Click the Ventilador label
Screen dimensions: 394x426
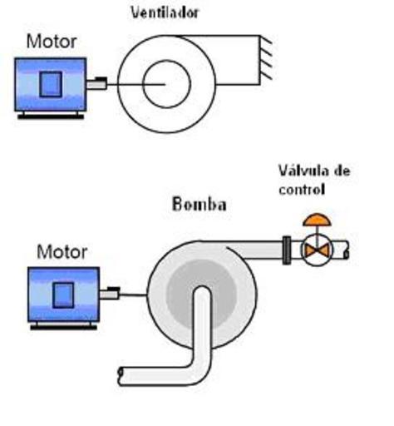(x=165, y=12)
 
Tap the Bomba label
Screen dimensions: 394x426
(x=199, y=205)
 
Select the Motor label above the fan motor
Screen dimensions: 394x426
(x=52, y=42)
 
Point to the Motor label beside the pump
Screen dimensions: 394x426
(x=62, y=252)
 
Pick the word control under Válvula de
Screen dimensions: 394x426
(x=302, y=190)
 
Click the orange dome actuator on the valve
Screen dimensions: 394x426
(x=317, y=220)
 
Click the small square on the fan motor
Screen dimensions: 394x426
(x=51, y=84)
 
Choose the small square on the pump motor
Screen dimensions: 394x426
(x=63, y=295)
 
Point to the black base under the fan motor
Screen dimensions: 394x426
(x=51, y=117)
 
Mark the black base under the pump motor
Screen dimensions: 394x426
(x=64, y=328)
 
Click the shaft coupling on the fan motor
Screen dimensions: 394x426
(x=97, y=83)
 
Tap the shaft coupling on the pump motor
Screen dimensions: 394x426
(x=110, y=294)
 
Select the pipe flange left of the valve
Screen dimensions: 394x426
(x=287, y=250)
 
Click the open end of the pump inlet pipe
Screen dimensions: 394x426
(x=121, y=376)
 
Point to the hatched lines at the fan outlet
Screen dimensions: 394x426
(x=266, y=58)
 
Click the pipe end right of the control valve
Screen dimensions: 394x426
(x=347, y=250)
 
